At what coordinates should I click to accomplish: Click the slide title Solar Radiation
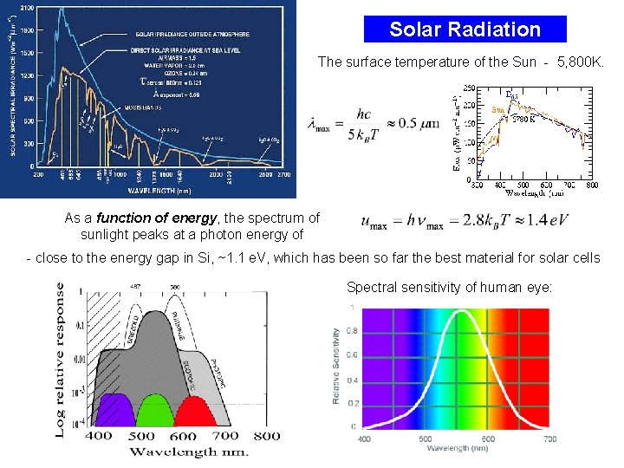465,29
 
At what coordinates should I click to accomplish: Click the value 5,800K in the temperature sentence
580,62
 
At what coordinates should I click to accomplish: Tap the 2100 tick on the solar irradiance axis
27,8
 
